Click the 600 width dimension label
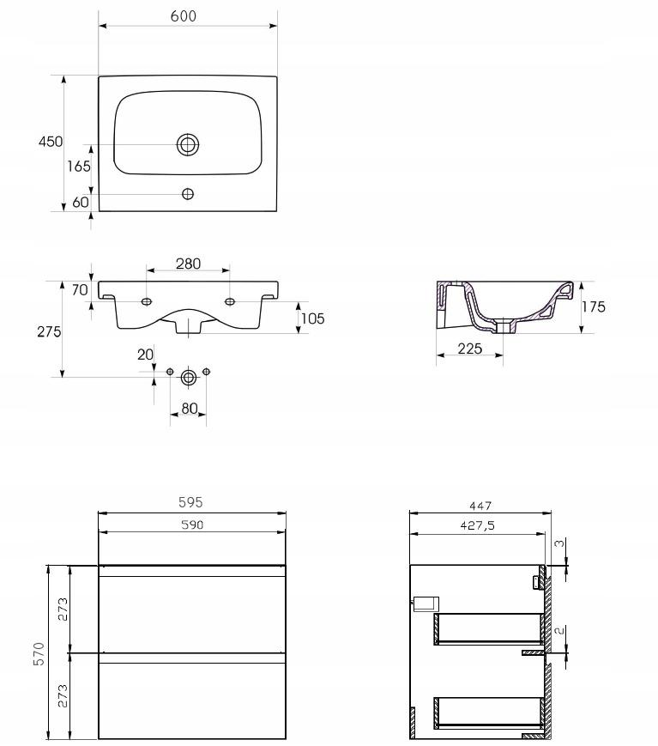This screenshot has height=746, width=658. point(183,16)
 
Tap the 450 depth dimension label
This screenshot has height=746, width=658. point(51,142)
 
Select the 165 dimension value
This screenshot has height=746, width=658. point(78,166)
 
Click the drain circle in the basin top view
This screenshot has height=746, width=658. point(188,144)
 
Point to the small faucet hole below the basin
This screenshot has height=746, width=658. point(188,194)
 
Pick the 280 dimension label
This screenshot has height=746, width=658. point(188,264)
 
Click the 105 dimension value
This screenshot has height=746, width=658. point(312,318)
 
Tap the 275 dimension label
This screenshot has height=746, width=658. point(49,331)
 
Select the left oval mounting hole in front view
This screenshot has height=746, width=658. point(147,301)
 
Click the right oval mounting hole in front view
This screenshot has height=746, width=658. point(230,301)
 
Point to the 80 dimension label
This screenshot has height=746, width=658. point(190,409)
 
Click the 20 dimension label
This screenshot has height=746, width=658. point(146,355)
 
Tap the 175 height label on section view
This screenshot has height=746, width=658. point(594,306)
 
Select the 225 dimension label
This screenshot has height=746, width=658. point(470,349)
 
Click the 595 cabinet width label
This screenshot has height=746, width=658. point(190,502)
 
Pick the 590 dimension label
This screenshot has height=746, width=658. point(192,525)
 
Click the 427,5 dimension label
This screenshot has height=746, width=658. point(477,525)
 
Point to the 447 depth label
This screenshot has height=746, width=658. point(480,506)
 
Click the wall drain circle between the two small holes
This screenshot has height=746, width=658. point(188,378)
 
